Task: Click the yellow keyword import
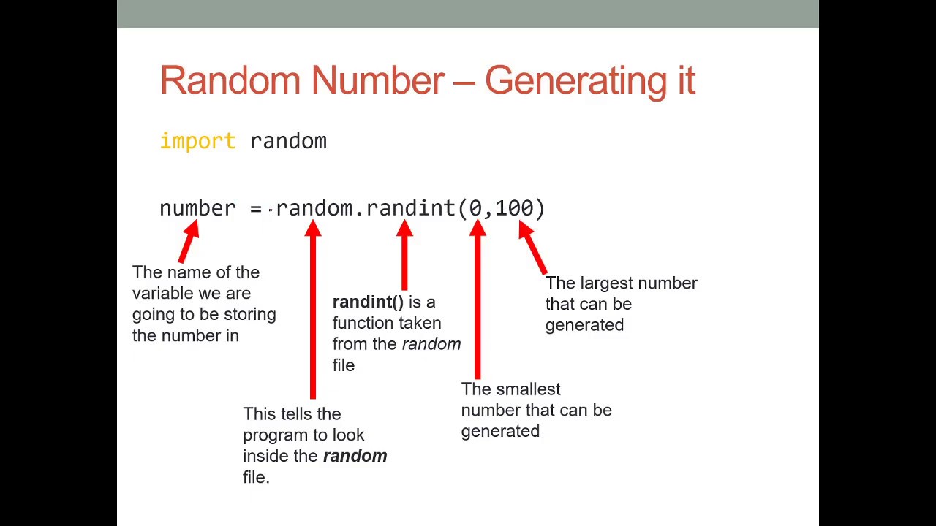pos(197,141)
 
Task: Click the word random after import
pos(288,141)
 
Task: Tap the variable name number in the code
pos(197,208)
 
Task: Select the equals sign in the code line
pos(255,209)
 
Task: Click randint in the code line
pos(411,208)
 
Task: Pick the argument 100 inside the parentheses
pos(515,208)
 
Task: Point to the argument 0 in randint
pos(476,208)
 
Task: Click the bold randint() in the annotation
pos(368,302)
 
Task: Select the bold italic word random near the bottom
pos(355,456)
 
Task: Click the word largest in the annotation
pos(605,283)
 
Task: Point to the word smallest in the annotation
pos(527,389)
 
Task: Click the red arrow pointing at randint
pos(404,256)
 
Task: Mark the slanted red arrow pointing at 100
pos(534,248)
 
